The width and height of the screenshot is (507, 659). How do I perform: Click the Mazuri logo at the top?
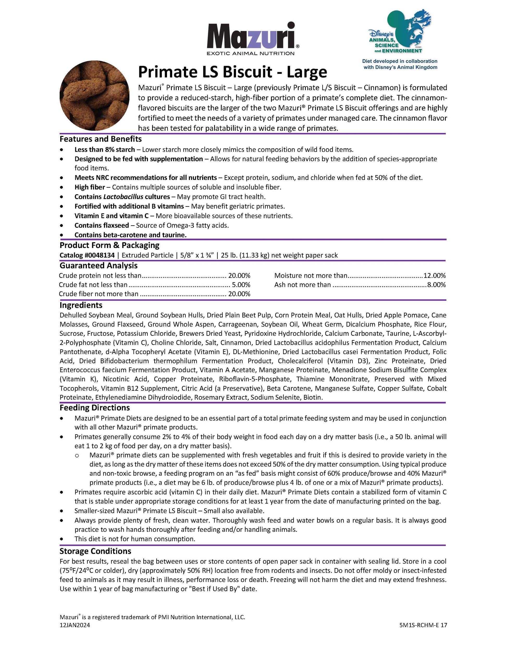[253, 36]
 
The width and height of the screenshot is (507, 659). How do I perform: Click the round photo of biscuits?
[94, 95]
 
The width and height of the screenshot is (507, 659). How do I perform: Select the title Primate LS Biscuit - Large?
[232, 72]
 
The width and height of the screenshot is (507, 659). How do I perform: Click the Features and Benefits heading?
[100, 139]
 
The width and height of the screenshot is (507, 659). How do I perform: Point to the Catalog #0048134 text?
[87, 255]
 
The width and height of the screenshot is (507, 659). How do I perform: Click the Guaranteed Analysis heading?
[98, 265]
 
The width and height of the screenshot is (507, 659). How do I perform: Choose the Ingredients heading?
[81, 305]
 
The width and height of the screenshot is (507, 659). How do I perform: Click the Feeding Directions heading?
[95, 408]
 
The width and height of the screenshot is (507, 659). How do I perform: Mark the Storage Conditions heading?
[95, 551]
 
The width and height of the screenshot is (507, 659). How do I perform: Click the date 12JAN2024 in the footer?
[75, 625]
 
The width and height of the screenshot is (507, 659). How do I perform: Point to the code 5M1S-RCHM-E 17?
[423, 625]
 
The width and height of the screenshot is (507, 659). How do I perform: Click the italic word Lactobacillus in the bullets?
[123, 197]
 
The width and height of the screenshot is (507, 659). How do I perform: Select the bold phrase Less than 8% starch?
[104, 150]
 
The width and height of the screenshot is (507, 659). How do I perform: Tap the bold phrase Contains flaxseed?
[102, 225]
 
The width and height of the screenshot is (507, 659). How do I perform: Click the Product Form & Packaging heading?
[109, 245]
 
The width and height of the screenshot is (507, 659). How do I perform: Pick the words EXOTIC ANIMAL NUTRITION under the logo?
[250, 53]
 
